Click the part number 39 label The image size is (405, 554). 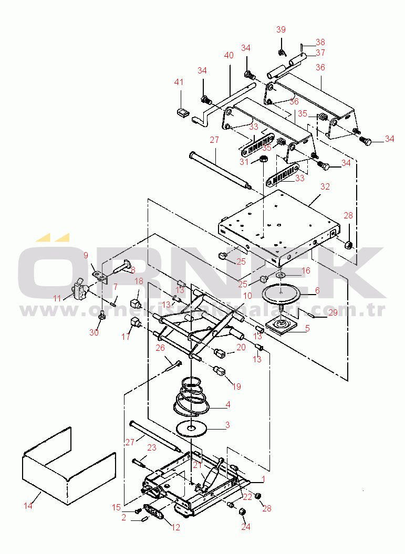tap(281, 29)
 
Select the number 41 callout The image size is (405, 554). tap(180, 82)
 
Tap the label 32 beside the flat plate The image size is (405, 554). tap(325, 186)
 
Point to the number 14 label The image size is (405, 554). tap(28, 506)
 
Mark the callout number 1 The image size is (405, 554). tap(263, 478)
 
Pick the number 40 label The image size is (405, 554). tap(229, 55)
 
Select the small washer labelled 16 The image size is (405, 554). tap(281, 275)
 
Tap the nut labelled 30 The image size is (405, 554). tap(102, 315)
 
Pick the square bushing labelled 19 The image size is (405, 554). tap(220, 371)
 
